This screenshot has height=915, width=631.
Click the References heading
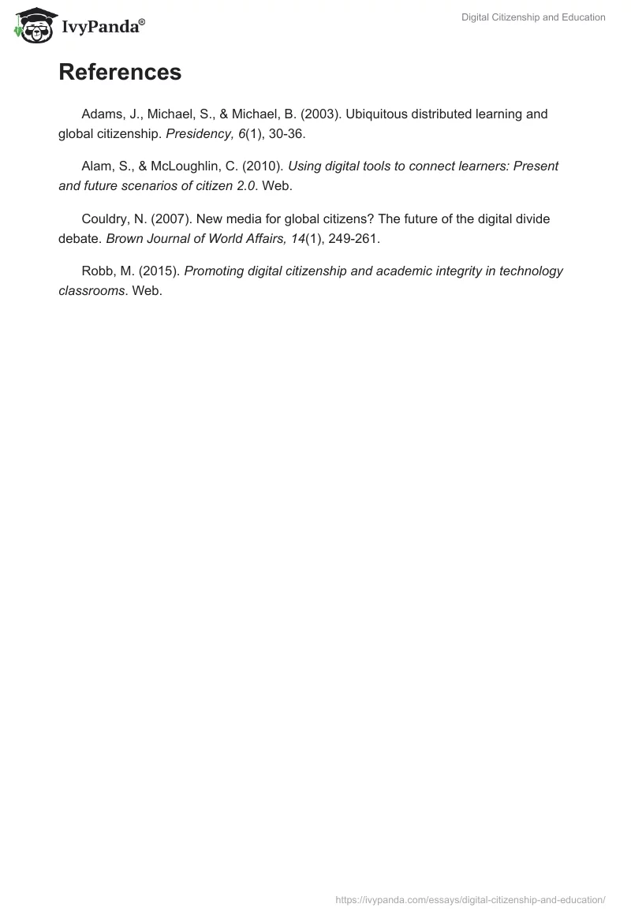tap(120, 73)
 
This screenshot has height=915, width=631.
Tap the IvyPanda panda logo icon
tap(32, 25)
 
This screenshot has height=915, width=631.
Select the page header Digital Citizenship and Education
tap(533, 17)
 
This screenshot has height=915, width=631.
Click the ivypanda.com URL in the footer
tap(470, 899)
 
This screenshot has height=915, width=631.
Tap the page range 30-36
tap(285, 133)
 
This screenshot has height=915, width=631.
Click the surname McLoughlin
tap(189, 166)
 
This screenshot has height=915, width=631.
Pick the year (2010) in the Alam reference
tap(263, 166)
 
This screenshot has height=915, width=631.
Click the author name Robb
tap(97, 271)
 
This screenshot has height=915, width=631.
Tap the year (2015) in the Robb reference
tap(159, 271)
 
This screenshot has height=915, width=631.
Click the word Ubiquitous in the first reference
tap(376, 114)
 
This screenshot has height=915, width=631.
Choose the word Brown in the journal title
tap(124, 238)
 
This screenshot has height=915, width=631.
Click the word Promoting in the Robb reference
tap(214, 271)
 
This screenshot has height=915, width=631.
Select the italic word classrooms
tap(91, 291)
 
